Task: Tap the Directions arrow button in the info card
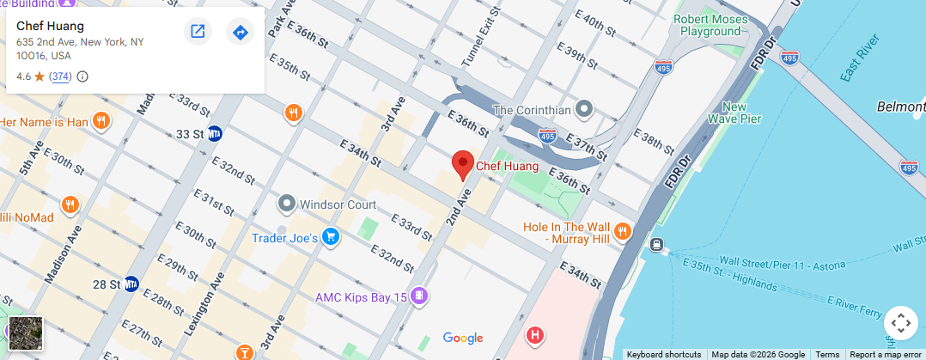[240, 32]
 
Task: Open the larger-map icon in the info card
[198, 32]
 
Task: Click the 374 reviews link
[60, 76]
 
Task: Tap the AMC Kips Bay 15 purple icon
[419, 297]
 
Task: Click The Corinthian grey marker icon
[585, 109]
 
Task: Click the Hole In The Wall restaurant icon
[623, 231]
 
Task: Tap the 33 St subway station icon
[215, 134]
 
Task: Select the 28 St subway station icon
[131, 284]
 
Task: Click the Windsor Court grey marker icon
[287, 204]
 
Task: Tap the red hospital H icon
[535, 334]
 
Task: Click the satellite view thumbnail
[25, 333]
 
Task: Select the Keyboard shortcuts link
[663, 354]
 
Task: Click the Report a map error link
[886, 354]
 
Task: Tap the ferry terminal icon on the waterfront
[657, 245]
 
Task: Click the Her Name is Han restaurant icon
[101, 121]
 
